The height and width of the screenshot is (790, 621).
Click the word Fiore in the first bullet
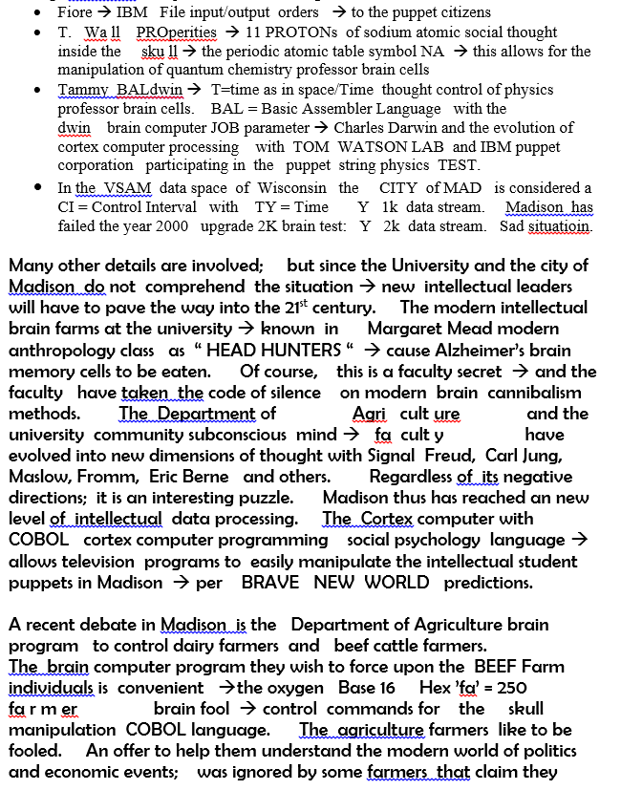pyautogui.click(x=75, y=12)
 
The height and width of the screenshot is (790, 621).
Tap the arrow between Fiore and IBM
pyautogui.click(x=104, y=12)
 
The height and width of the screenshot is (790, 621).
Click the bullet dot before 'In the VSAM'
pyautogui.click(x=36, y=188)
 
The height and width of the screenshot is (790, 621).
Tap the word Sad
pyautogui.click(x=515, y=226)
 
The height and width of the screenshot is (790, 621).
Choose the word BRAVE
pyautogui.click(x=269, y=582)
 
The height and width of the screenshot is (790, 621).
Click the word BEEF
pyautogui.click(x=499, y=667)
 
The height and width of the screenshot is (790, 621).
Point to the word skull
pyautogui.click(x=525, y=709)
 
